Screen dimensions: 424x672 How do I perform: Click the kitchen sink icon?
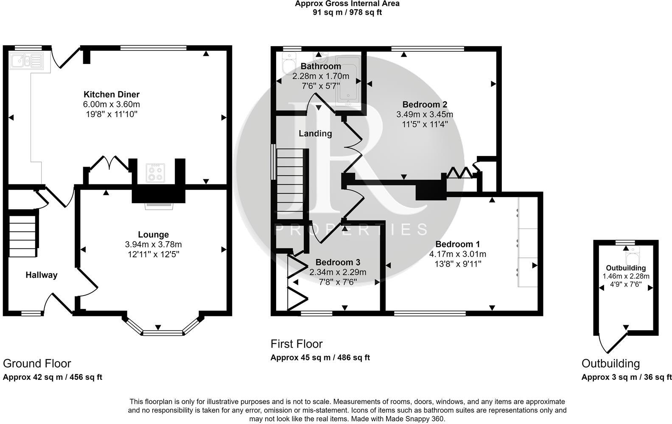click(27, 61)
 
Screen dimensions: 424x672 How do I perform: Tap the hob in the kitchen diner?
click(155, 173)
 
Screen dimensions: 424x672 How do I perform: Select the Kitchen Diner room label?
click(111, 94)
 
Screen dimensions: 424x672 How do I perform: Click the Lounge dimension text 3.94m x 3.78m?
click(153, 244)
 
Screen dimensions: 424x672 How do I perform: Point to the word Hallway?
click(41, 275)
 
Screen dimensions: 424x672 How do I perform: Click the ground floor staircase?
click(23, 235)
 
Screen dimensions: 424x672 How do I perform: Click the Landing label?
click(315, 134)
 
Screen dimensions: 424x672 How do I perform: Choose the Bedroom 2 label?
click(425, 104)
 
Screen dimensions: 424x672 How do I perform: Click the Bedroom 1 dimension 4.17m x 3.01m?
click(458, 254)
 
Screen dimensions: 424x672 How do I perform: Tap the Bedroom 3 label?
click(338, 262)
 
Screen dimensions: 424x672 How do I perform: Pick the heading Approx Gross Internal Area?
click(347, 4)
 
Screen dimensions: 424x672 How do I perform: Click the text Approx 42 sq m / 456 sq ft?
click(53, 377)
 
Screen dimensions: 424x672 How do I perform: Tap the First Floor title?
click(297, 344)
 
